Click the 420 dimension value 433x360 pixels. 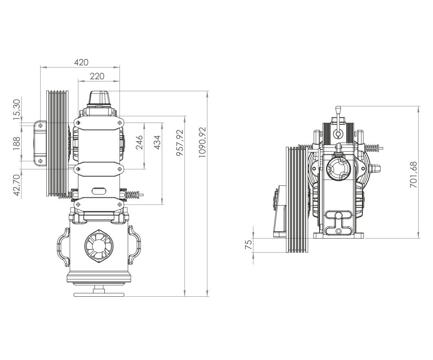click(x=81, y=62)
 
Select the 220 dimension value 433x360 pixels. click(x=97, y=76)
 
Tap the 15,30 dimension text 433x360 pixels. click(x=17, y=109)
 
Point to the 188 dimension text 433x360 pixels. click(x=17, y=143)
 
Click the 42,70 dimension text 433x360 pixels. click(x=17, y=185)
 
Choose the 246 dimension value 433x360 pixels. click(x=139, y=143)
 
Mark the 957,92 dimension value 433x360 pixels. click(x=180, y=143)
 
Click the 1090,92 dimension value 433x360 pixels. click(x=202, y=143)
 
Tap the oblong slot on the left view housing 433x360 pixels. click(x=99, y=191)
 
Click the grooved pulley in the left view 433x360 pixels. click(x=58, y=144)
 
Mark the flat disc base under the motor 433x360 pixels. click(x=99, y=295)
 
